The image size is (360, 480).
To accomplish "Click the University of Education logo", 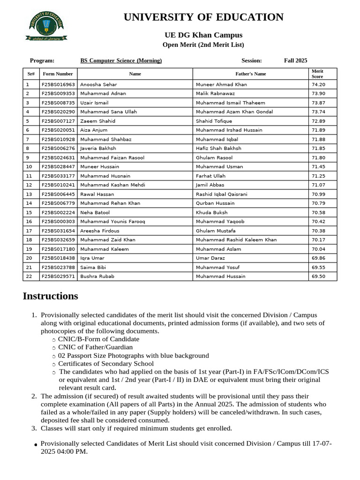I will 46,26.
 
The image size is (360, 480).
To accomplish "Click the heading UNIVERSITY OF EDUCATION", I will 203,17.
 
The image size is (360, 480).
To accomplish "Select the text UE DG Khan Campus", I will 203,35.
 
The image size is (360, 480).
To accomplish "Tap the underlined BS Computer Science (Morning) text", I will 121,60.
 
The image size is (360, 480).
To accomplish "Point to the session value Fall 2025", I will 295,60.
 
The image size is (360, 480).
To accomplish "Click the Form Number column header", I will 58,74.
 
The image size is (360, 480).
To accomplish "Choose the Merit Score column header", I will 317,74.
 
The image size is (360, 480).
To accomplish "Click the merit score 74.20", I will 318,84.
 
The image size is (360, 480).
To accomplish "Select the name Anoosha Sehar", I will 98,84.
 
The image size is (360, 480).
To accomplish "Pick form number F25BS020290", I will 58,112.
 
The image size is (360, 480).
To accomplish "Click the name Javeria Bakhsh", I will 98,148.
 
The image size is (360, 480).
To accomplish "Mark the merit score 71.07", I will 318,185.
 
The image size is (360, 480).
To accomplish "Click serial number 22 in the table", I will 29,277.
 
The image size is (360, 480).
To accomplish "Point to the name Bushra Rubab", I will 97,277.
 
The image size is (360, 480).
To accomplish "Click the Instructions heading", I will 50,296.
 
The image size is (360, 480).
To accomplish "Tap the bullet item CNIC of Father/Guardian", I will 95,347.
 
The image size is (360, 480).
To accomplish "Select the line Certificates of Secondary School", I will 105,363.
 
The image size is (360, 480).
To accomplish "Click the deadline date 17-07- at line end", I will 320,443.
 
